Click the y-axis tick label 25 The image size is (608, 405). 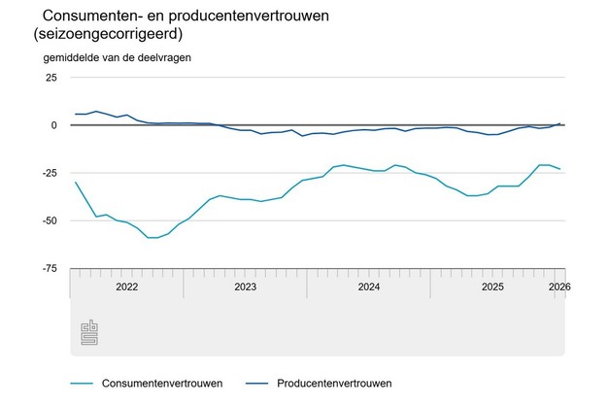(51, 77)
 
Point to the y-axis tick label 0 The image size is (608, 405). (54, 125)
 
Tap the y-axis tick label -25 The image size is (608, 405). (49, 173)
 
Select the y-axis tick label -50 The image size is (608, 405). (49, 220)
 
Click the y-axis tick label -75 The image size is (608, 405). (49, 268)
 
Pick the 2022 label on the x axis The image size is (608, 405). (126, 287)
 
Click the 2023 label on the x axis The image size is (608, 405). (245, 287)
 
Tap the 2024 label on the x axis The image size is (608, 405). (369, 287)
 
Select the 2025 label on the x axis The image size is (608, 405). (492, 287)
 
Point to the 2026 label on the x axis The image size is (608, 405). (558, 287)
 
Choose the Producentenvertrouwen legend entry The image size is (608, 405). (334, 383)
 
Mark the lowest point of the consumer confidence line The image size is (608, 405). (152, 237)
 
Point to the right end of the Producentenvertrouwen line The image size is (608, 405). (560, 123)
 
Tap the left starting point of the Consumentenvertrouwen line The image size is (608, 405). (76, 182)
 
